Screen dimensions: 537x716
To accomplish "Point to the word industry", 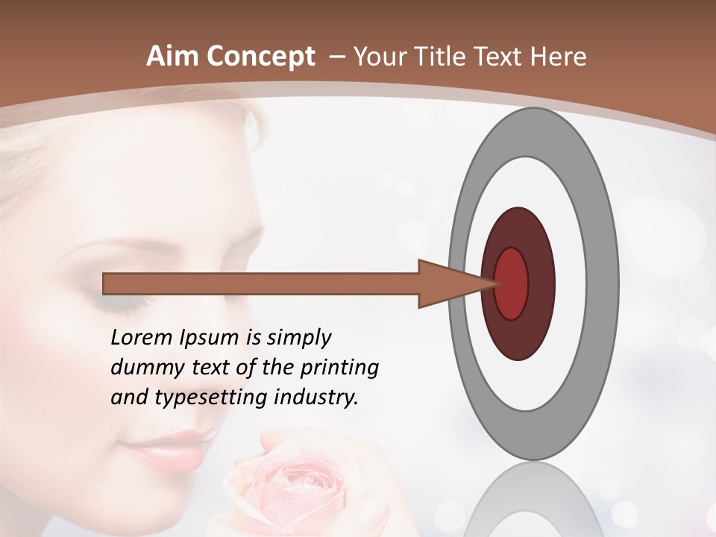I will tap(316, 398).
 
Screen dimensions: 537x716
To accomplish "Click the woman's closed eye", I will tap(108, 302).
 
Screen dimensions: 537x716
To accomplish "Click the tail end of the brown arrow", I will tap(107, 283).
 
